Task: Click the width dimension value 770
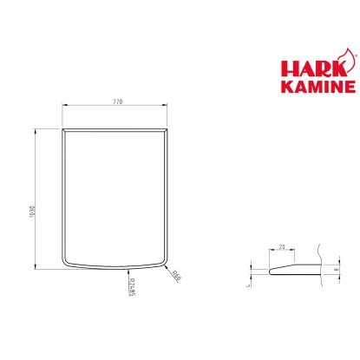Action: (117, 101)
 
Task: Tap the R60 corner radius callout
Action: (175, 278)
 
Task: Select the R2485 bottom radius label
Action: (131, 286)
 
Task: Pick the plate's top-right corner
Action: (169, 128)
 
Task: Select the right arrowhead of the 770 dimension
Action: (167, 106)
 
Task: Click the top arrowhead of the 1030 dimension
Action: (36, 130)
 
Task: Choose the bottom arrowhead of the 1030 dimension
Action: (36, 265)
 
